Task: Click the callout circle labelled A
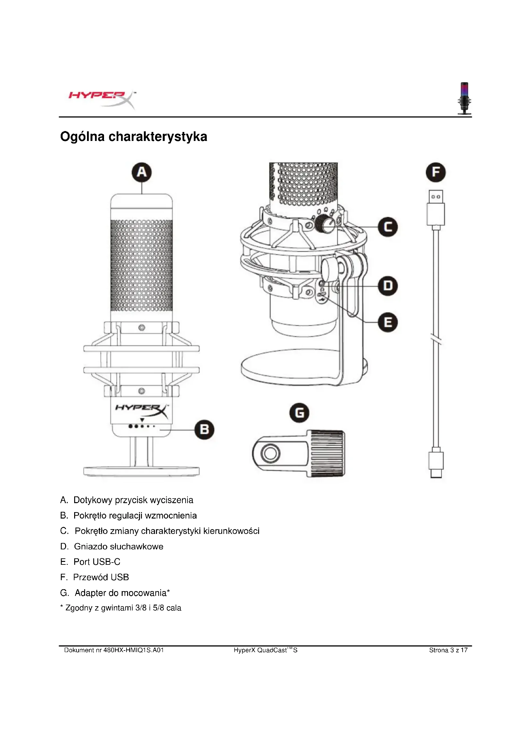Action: point(142,172)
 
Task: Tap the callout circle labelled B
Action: point(205,430)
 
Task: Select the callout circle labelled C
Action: point(388,227)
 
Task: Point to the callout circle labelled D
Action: point(388,286)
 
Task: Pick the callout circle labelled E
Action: point(388,322)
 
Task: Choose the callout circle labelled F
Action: point(436,172)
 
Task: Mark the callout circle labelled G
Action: point(299,413)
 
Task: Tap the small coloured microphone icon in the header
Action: point(464,98)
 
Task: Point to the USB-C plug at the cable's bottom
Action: point(436,464)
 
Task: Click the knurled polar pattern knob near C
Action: point(324,223)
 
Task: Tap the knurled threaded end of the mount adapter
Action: point(327,453)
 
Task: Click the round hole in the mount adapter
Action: point(270,453)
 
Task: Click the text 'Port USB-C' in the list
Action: point(97,562)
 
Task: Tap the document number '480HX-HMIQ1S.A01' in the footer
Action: point(134,650)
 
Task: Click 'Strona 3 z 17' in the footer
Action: point(448,650)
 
